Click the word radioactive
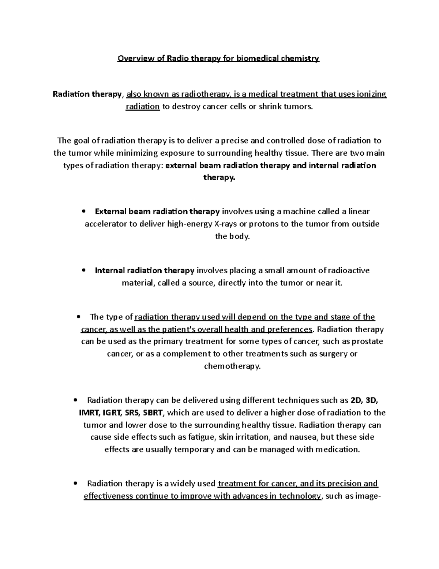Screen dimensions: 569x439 (349, 270)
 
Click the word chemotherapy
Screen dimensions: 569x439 (232, 366)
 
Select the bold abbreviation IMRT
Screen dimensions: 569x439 (89, 413)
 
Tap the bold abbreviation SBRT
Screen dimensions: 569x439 (154, 413)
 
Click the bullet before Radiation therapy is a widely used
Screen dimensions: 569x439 (76, 484)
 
